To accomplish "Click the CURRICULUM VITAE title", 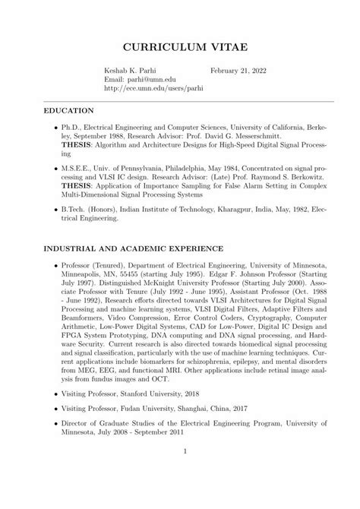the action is [179, 48].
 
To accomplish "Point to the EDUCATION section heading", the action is [69, 111].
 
